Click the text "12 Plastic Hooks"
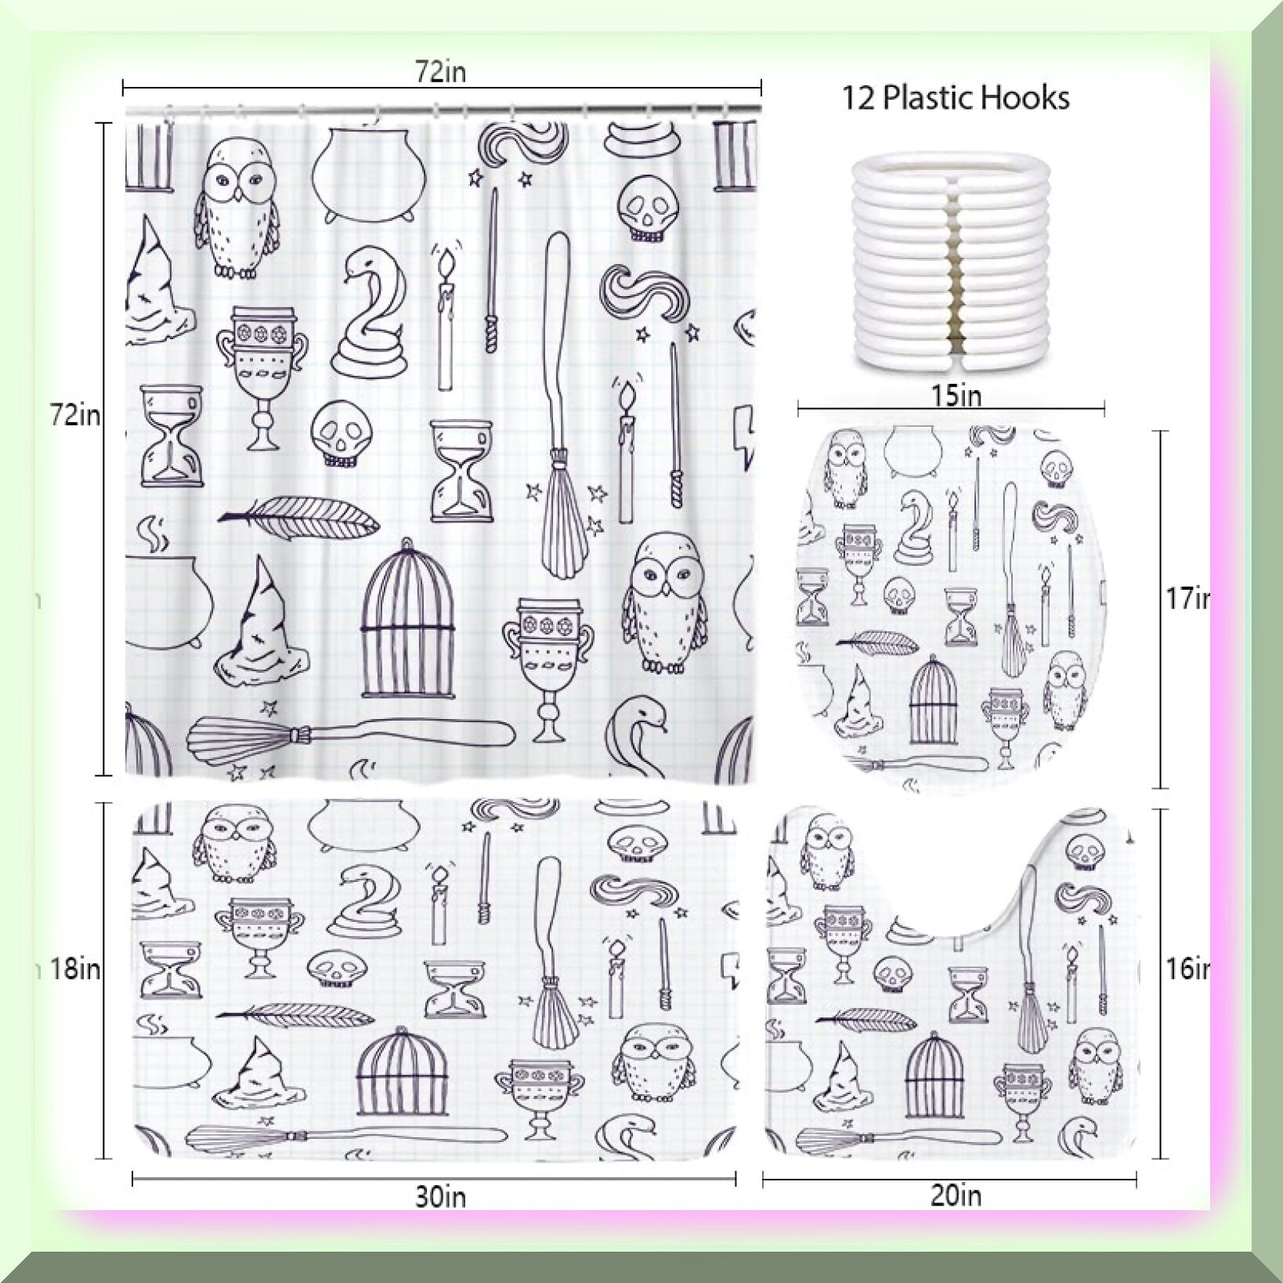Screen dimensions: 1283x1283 tap(956, 99)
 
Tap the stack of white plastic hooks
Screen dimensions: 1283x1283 tap(951, 262)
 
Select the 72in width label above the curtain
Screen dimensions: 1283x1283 tap(441, 72)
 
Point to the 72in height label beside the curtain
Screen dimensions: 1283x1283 tap(76, 415)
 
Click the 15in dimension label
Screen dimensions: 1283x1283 tap(956, 396)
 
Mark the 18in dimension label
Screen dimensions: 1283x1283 tap(76, 970)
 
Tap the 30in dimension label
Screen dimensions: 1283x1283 tap(441, 1197)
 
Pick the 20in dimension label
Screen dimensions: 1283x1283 tap(956, 1196)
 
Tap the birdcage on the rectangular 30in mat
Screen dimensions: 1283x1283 tap(403, 1070)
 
